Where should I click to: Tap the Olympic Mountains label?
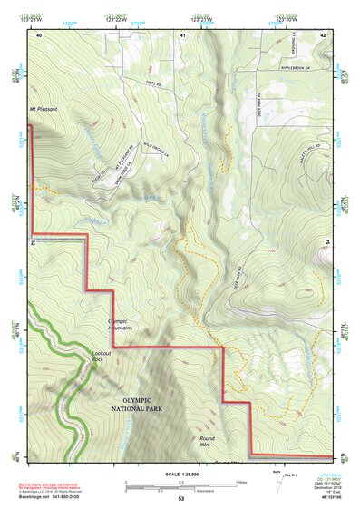click(x=121, y=324)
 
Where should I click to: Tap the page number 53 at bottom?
click(x=180, y=500)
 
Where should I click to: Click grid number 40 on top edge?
click(x=39, y=34)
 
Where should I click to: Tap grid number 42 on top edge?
click(x=323, y=34)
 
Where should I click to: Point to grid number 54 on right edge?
click(x=327, y=240)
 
